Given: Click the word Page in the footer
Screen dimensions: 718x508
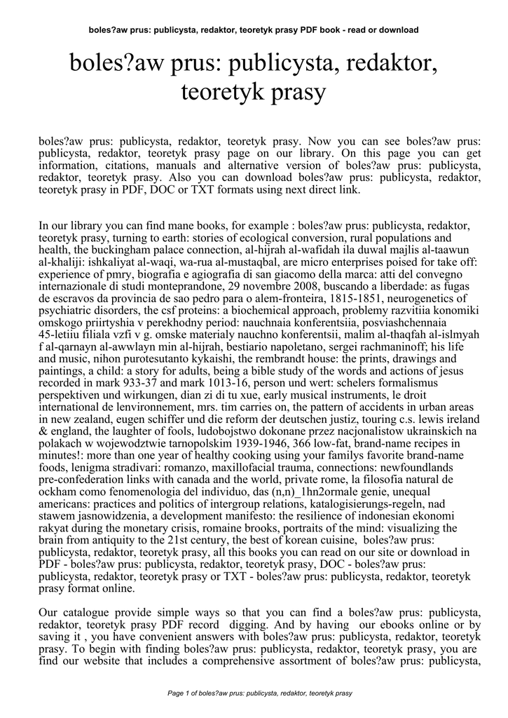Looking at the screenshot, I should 176,693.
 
